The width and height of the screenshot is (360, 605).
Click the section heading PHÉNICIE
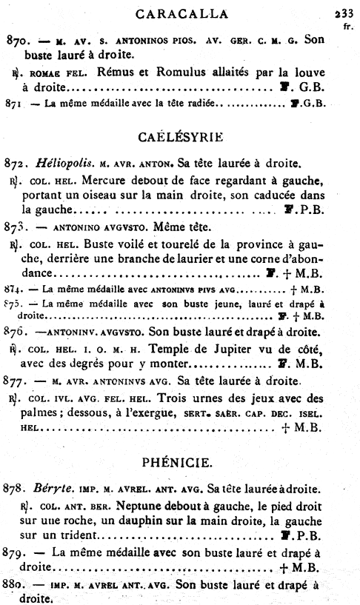[x=181, y=464]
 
